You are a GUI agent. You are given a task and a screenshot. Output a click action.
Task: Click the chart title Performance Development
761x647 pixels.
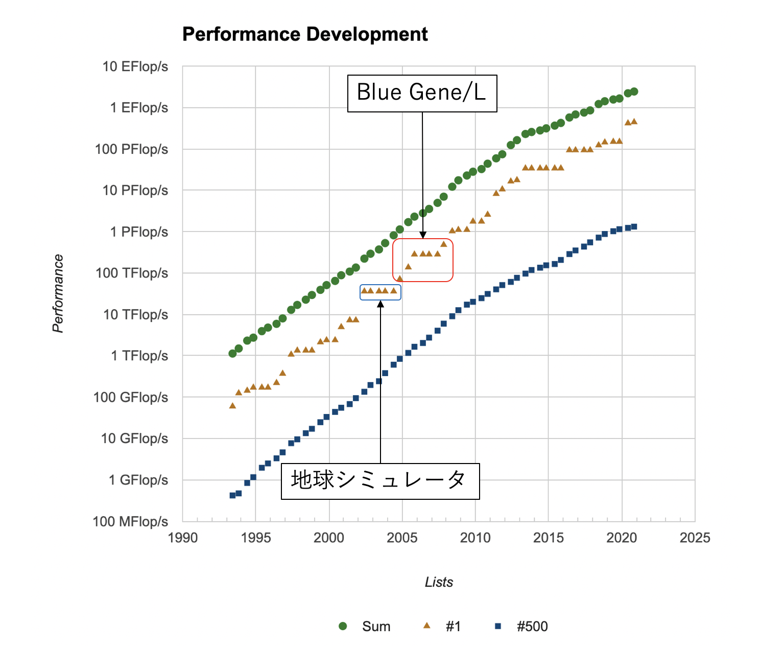305,35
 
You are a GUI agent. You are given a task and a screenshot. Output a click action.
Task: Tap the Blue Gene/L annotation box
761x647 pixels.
422,94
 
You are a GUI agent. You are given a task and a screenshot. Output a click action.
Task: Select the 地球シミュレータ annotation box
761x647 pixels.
380,481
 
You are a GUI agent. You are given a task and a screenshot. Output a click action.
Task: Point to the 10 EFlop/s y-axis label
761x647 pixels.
135,67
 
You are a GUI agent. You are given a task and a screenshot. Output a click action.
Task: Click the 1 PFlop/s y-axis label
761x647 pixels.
139,232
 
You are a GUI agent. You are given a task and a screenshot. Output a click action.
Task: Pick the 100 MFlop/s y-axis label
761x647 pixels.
130,522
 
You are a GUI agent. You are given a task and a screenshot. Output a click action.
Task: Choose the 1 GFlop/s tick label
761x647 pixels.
138,480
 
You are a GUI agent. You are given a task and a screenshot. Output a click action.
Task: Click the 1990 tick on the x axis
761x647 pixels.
183,538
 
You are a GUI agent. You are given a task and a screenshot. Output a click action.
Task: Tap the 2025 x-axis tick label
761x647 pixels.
695,538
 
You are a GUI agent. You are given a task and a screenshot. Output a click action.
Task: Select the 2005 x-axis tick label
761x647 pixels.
402,538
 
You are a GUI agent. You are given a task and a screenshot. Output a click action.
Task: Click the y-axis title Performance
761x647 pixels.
58,293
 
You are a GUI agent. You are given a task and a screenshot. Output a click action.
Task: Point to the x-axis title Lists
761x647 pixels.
439,582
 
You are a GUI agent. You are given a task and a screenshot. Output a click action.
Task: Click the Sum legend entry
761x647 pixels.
365,627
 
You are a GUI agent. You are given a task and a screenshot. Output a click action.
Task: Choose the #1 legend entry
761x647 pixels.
443,627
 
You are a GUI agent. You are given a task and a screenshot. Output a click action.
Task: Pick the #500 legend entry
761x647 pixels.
521,627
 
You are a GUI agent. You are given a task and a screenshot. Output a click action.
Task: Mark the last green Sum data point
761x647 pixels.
634,92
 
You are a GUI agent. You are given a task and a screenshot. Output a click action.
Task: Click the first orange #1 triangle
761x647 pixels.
232,406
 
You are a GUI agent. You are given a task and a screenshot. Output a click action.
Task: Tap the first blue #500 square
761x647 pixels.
232,495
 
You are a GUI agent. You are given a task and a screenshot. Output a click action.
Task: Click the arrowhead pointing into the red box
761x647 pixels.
422,235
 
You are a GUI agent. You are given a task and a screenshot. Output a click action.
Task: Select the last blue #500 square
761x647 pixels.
634,226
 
